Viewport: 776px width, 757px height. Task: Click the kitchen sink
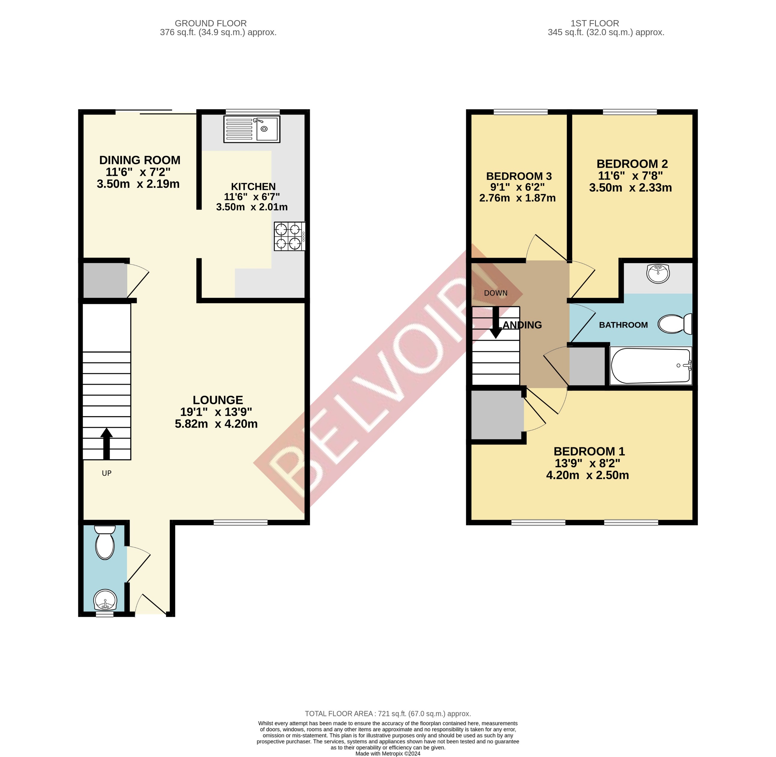[x=252, y=129]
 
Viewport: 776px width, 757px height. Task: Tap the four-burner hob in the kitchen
[x=289, y=236]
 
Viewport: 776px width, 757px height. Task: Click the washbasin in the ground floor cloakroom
[x=105, y=599]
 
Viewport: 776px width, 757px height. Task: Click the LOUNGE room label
[x=218, y=400]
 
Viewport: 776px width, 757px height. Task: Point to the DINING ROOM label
[x=140, y=160]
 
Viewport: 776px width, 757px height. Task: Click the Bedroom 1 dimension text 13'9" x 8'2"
[x=587, y=463]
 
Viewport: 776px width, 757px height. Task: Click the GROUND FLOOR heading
[x=211, y=23]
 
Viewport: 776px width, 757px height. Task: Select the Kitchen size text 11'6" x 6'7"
[x=252, y=197]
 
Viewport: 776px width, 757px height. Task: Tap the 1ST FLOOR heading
[x=594, y=23]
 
